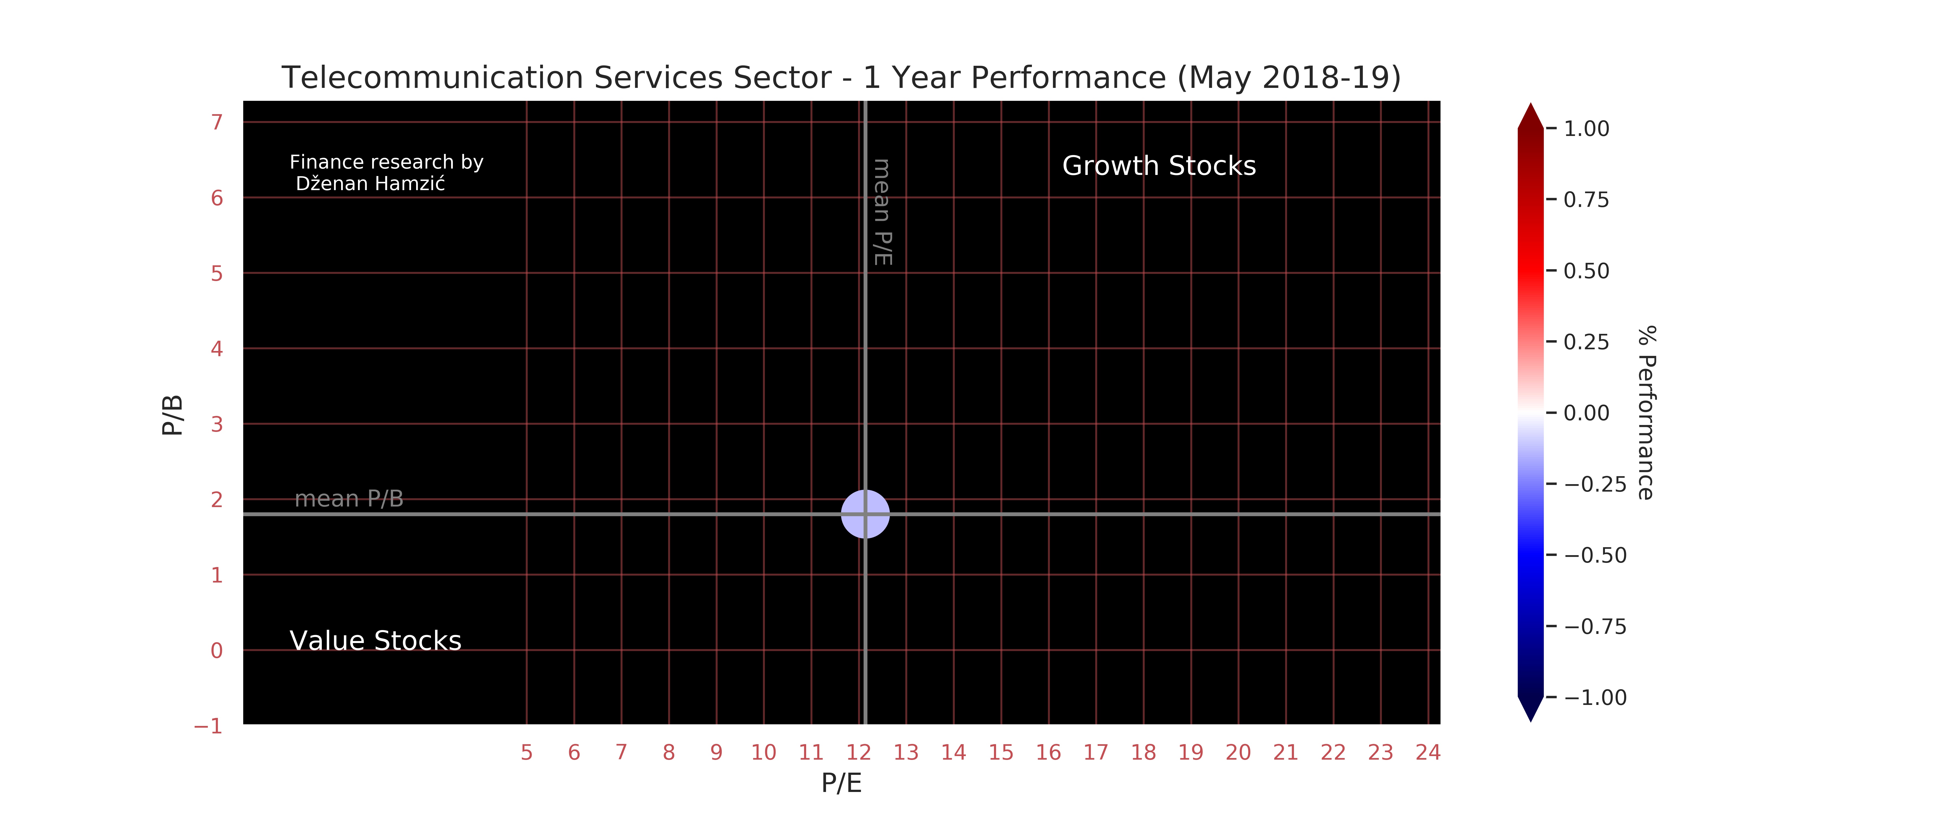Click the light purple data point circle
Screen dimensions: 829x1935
point(865,514)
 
